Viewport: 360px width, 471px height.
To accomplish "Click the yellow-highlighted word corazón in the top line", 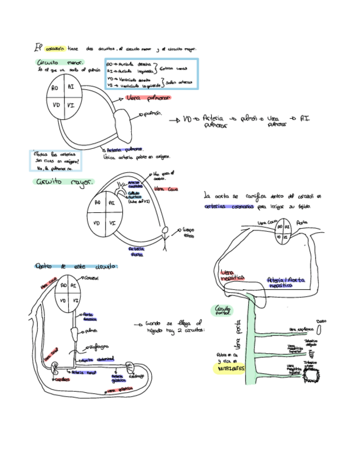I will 56,49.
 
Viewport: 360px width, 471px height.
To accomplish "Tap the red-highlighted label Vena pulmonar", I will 148,97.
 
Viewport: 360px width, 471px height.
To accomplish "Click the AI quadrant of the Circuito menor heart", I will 71,88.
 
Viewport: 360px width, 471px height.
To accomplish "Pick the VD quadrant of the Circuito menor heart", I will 56,104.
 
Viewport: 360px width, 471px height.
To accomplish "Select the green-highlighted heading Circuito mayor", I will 64,182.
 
